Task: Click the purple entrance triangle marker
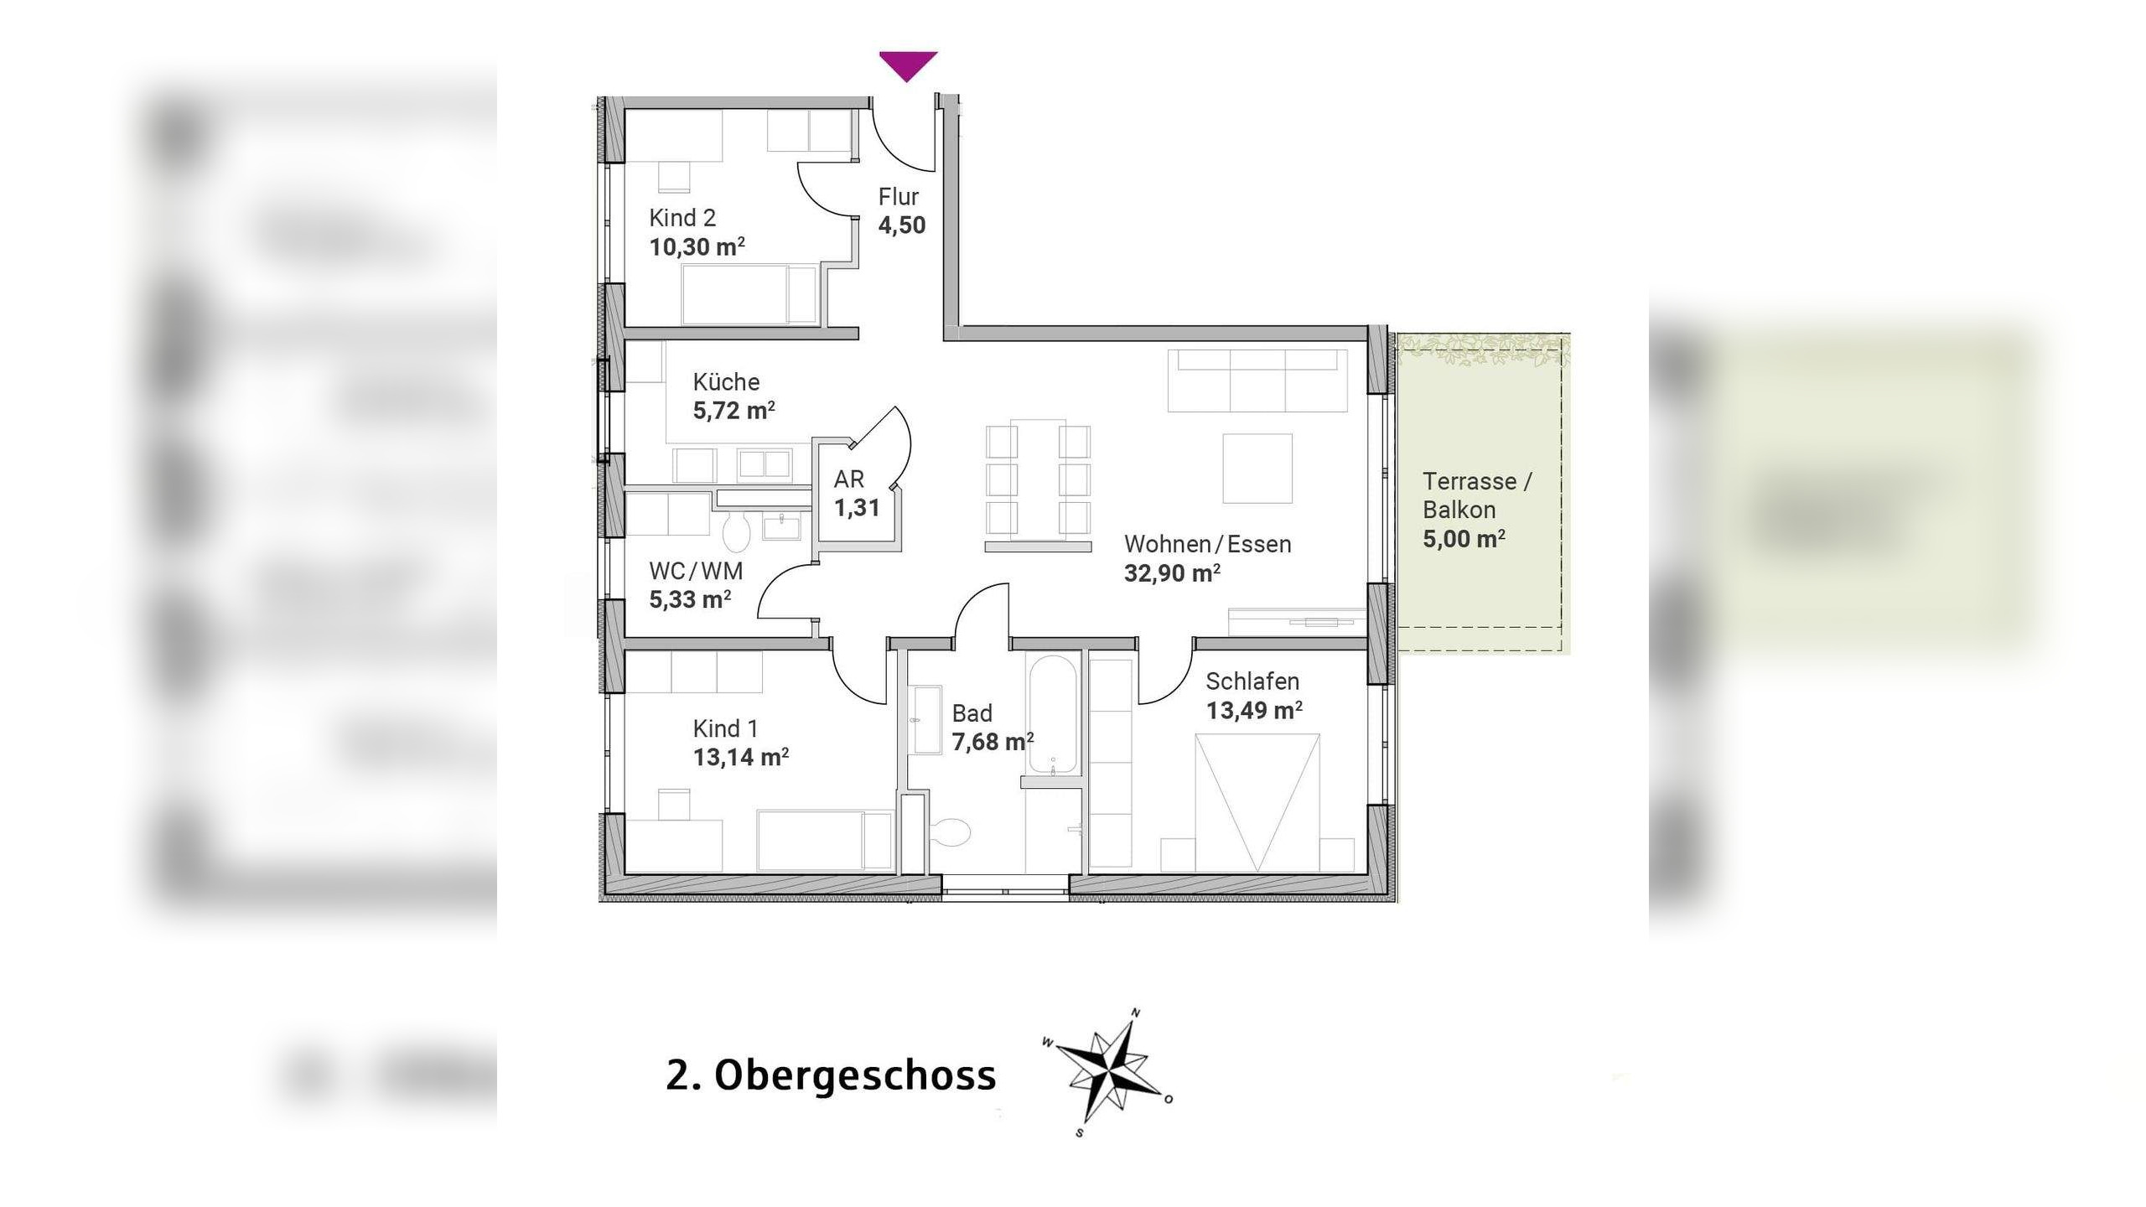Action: pyautogui.click(x=908, y=65)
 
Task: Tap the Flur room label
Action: pyautogui.click(x=899, y=197)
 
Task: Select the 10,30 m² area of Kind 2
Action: pyautogui.click(x=697, y=247)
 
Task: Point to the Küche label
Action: pyautogui.click(x=726, y=382)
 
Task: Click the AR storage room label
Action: pyautogui.click(x=848, y=479)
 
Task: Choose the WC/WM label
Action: pyautogui.click(x=696, y=572)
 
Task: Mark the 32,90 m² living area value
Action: pyautogui.click(x=1171, y=573)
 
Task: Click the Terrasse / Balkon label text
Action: pyautogui.click(x=1476, y=495)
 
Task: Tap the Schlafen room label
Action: pyautogui.click(x=1252, y=681)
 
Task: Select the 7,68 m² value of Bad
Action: pyautogui.click(x=992, y=743)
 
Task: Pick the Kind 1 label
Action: pyautogui.click(x=725, y=728)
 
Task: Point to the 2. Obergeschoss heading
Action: pyautogui.click(x=831, y=1075)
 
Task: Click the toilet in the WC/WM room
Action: pyautogui.click(x=737, y=532)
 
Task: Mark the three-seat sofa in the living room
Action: pyautogui.click(x=1257, y=381)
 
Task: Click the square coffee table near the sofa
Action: pyautogui.click(x=1257, y=469)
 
